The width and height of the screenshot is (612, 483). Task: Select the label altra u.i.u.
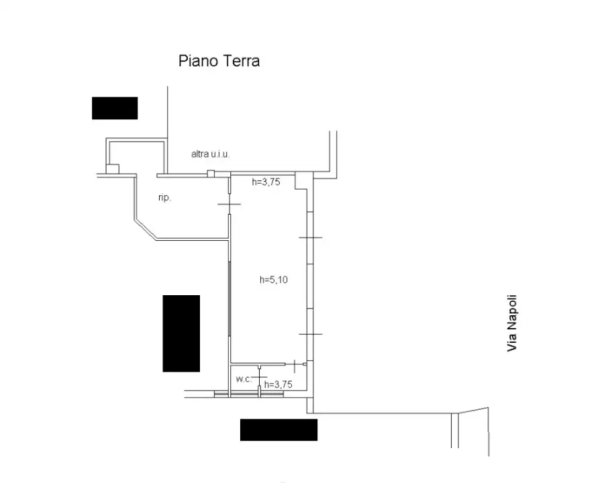point(211,154)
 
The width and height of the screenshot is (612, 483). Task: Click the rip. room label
point(164,198)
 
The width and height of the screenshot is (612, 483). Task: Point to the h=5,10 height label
point(274,280)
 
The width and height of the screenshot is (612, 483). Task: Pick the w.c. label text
point(243,379)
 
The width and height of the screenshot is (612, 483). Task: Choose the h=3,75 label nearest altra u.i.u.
point(265,181)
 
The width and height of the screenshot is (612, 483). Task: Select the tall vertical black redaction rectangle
point(181,333)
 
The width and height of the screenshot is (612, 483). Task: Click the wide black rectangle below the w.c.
point(278,430)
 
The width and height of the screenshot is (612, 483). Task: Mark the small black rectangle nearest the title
point(115,108)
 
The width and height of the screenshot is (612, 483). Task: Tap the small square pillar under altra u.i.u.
point(210,174)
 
